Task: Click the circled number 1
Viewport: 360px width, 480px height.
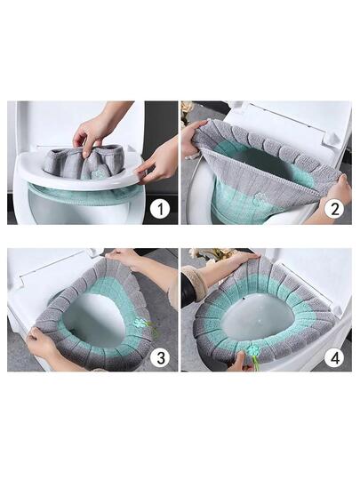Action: [160, 209]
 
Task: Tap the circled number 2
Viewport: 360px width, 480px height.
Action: [334, 209]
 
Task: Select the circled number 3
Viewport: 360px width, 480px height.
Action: [160, 356]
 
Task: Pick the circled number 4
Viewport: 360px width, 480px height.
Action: [334, 356]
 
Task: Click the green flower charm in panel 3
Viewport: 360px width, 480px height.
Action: [141, 323]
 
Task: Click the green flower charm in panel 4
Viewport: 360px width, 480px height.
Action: [253, 349]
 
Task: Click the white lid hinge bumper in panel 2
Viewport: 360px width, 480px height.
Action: [330, 139]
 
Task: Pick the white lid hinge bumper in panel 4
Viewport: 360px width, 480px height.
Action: [336, 310]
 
